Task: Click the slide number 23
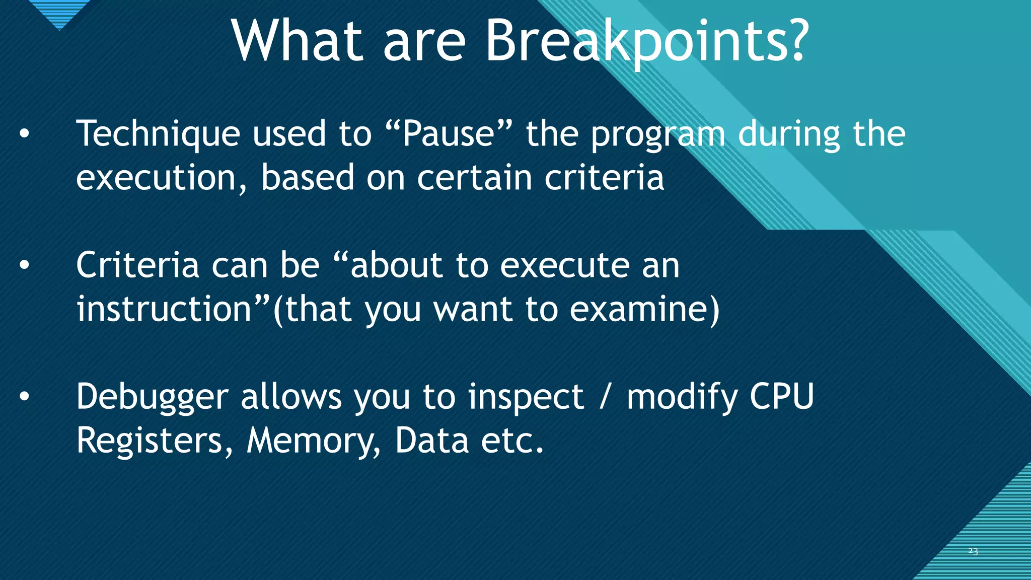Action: click(973, 551)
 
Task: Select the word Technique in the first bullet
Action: click(158, 135)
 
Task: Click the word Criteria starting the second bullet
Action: click(137, 265)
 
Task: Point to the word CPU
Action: click(781, 397)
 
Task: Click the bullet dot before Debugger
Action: click(24, 397)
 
